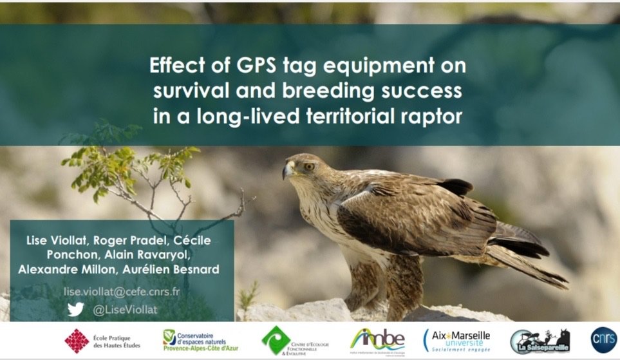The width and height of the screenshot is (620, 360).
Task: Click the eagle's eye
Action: [308, 166]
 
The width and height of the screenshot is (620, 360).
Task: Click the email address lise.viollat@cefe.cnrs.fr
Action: [121, 291]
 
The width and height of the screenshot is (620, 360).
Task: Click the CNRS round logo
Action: [604, 339]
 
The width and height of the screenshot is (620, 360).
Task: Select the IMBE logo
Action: [378, 339]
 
